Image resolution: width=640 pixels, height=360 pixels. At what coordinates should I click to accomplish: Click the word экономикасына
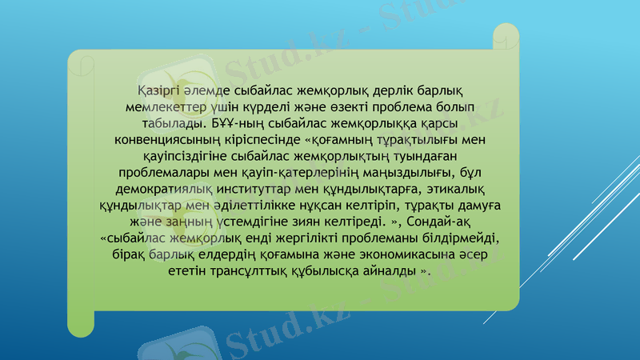(x=415, y=254)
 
